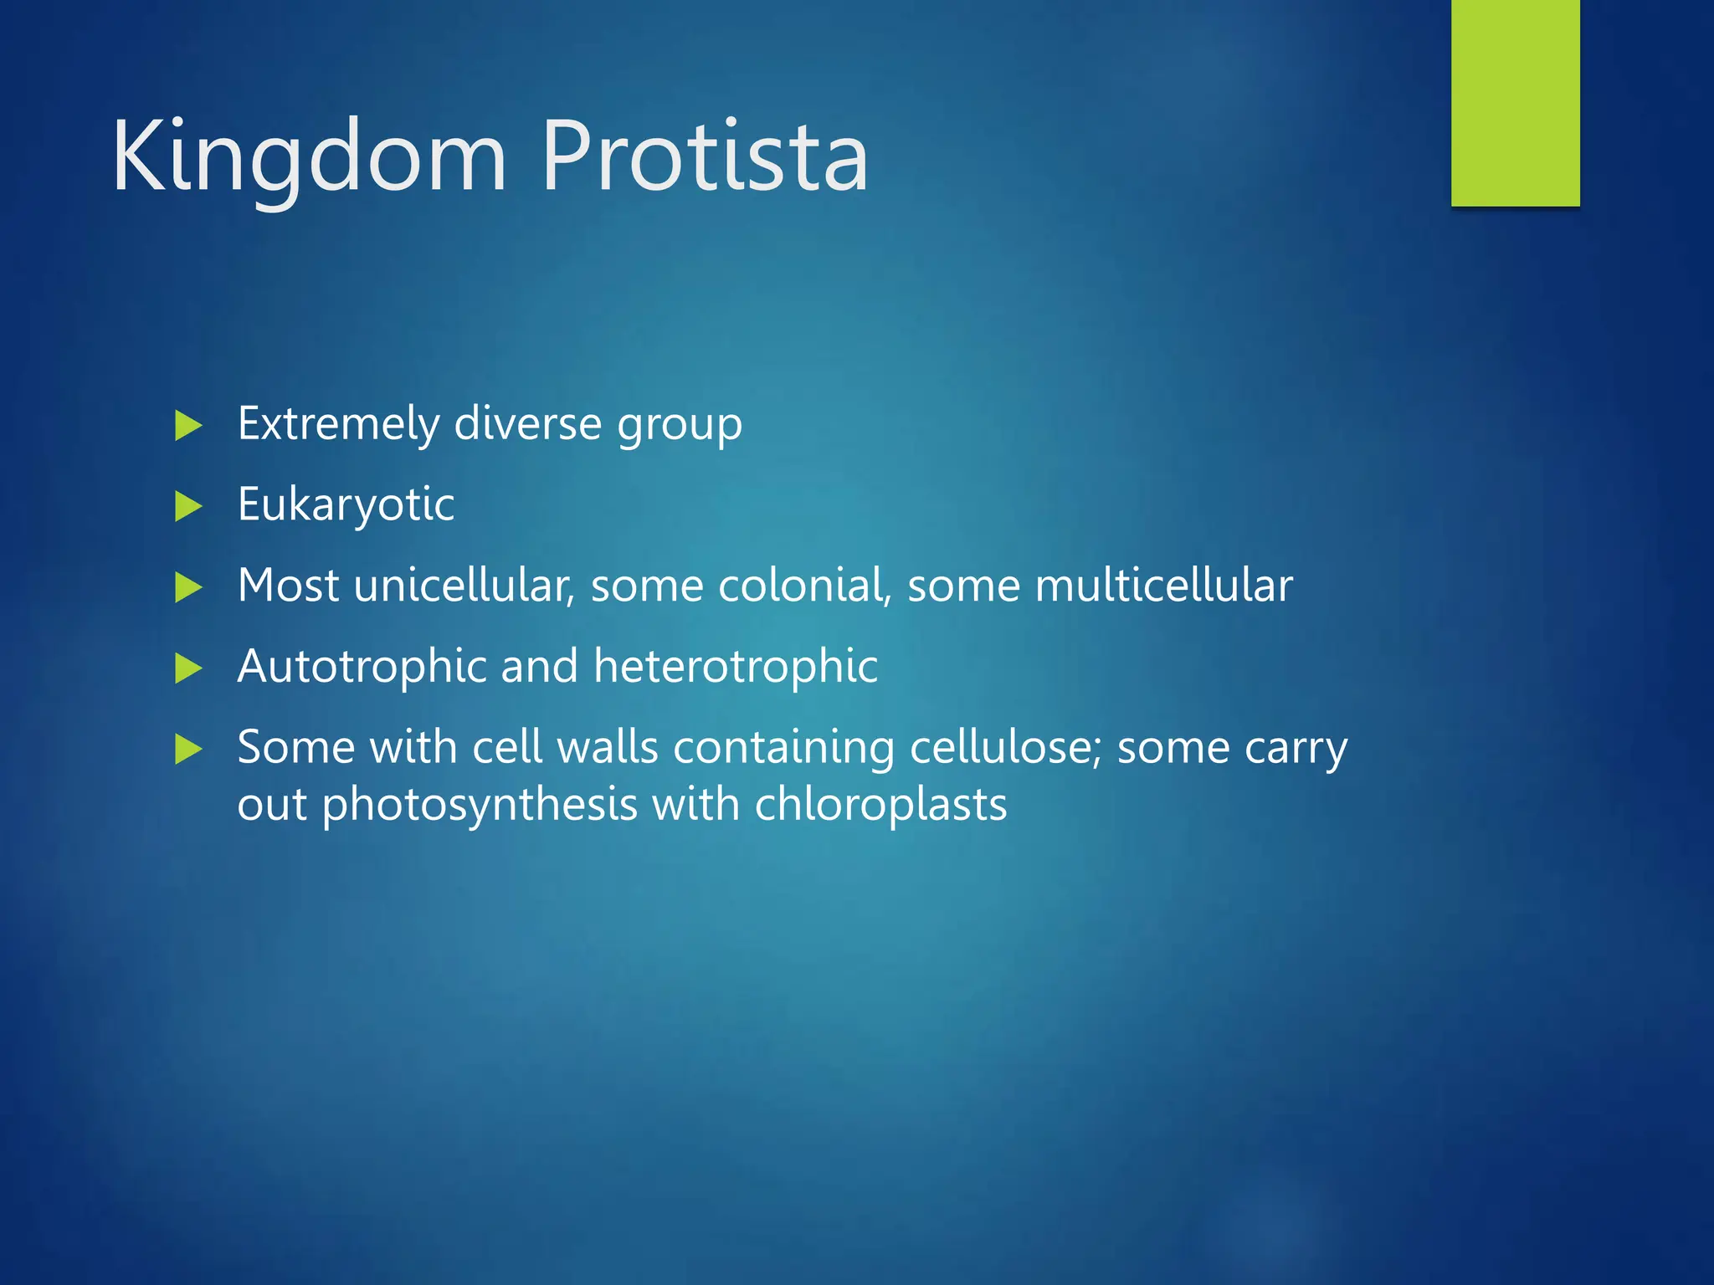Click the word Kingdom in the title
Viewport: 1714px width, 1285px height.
[x=310, y=157]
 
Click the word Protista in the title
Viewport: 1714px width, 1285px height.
[x=705, y=157]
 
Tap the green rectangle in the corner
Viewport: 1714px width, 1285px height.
[x=1515, y=102]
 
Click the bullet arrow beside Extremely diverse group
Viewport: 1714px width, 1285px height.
[x=188, y=426]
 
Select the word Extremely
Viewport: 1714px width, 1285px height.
[x=338, y=424]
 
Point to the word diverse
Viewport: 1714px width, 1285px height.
[x=527, y=422]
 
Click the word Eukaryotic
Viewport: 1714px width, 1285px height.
[x=346, y=505]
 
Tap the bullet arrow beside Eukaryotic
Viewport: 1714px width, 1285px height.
[x=188, y=506]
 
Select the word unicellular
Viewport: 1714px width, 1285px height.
[x=463, y=585]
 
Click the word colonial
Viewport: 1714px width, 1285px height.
[x=803, y=585]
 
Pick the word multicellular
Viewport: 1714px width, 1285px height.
[x=1163, y=585]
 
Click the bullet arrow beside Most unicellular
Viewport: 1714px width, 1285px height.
[x=188, y=587]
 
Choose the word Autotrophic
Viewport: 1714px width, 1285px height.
[x=362, y=666]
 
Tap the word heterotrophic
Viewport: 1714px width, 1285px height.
[x=735, y=666]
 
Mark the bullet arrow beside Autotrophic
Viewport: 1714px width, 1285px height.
[x=188, y=668]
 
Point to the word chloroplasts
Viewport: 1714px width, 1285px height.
[x=880, y=804]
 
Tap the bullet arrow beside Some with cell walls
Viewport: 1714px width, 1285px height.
[x=188, y=749]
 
